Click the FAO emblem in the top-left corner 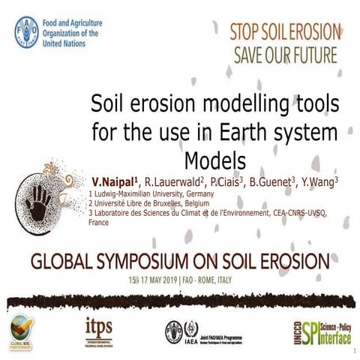(27, 32)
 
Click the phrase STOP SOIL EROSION (286, 32)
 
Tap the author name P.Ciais (238, 182)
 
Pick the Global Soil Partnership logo (22, 328)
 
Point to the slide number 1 (352, 350)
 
